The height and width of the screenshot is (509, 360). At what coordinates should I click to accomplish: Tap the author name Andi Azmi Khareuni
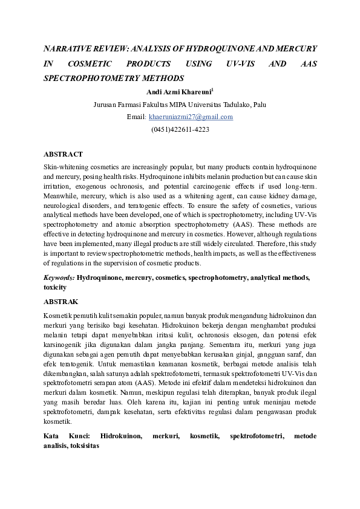(178, 92)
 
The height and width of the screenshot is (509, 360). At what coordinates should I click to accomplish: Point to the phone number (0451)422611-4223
(180, 129)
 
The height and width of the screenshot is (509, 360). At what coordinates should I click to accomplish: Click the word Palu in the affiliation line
(258, 105)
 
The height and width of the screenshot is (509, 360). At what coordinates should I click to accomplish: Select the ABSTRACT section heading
(64, 155)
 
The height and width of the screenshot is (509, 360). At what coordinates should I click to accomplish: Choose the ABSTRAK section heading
(61, 301)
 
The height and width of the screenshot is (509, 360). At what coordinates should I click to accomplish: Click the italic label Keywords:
(59, 277)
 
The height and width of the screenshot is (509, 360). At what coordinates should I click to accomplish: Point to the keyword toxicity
(55, 287)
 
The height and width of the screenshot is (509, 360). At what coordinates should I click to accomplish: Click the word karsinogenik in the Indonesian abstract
(64, 345)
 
